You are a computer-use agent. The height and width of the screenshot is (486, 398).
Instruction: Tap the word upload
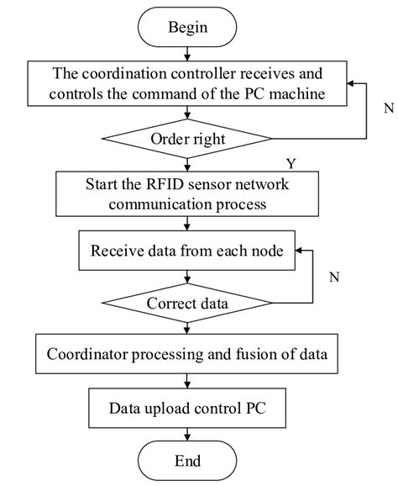point(172,409)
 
